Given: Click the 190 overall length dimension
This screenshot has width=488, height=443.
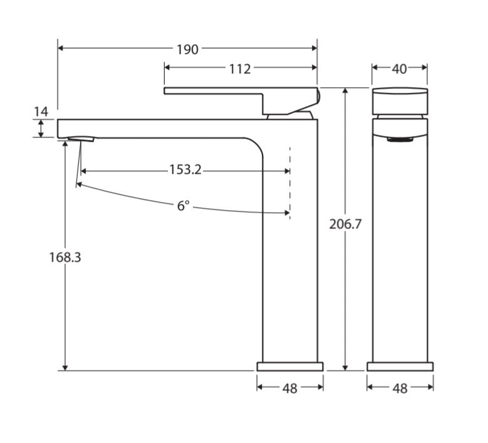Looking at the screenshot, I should [x=187, y=48].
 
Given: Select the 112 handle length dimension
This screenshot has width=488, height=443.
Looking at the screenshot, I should [x=240, y=68].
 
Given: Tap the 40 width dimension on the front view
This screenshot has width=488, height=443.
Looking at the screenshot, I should [x=400, y=68].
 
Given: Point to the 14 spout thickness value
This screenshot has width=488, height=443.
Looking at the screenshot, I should [x=41, y=112].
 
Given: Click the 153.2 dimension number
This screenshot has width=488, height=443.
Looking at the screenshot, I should [x=185, y=170].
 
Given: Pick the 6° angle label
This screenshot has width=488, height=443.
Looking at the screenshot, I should [x=182, y=205].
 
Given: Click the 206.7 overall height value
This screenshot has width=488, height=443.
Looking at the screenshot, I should [x=345, y=224].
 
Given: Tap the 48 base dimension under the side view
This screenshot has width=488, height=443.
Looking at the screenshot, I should [x=289, y=388].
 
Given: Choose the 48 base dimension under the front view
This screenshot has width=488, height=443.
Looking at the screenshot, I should [x=400, y=388].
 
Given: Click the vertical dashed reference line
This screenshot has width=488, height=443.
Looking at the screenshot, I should [x=289, y=182].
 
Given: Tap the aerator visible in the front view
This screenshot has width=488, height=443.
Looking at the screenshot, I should [x=400, y=139].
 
